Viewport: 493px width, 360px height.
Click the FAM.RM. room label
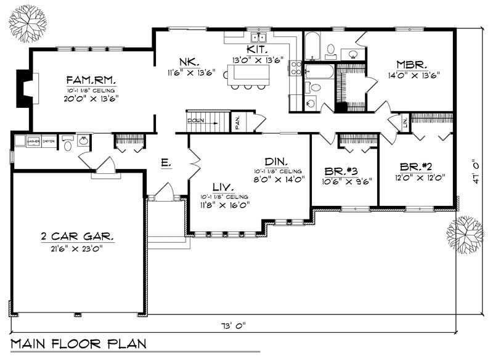(x=92, y=80)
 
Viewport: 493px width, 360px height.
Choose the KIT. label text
(x=256, y=49)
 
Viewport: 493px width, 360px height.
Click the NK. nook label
(x=189, y=62)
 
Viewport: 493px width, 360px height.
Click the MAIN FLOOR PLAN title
(x=78, y=342)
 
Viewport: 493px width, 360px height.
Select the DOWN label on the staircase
(x=195, y=120)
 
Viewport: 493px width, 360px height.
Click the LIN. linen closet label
(x=405, y=123)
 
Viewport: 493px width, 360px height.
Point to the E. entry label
(x=165, y=163)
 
